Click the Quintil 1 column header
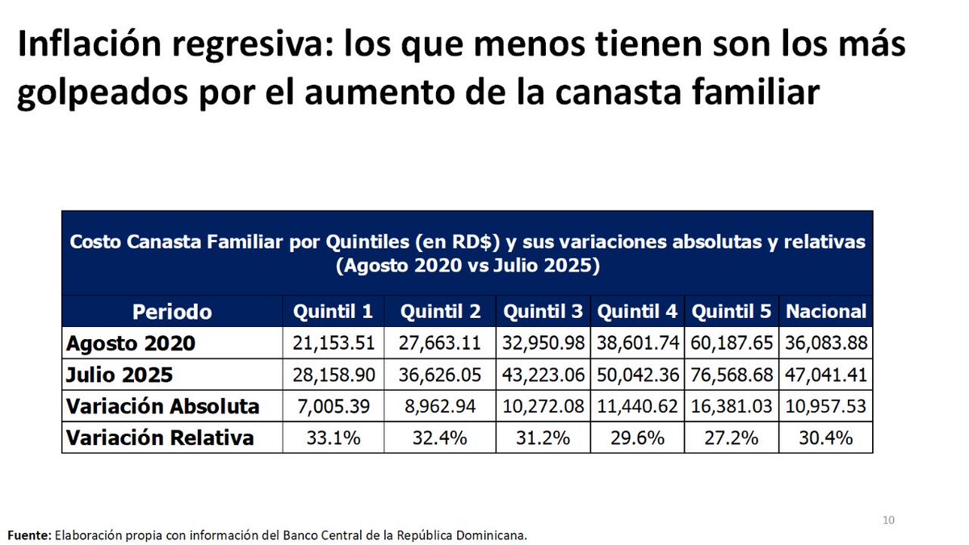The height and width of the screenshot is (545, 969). pyautogui.click(x=333, y=312)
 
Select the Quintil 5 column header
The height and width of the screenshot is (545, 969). pyautogui.click(x=732, y=312)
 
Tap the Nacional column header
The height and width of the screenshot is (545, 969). pyautogui.click(x=825, y=312)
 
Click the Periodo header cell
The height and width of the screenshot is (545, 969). pyautogui.click(x=172, y=312)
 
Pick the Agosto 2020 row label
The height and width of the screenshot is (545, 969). pyautogui.click(x=131, y=343)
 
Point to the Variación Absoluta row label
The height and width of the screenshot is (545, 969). pyautogui.click(x=162, y=406)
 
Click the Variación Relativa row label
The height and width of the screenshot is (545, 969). pyautogui.click(x=160, y=438)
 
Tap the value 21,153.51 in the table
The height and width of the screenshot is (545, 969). pyautogui.click(x=333, y=343)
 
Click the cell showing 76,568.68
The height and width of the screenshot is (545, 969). pyautogui.click(x=732, y=375)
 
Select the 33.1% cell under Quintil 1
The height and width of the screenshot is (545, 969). pyautogui.click(x=333, y=438)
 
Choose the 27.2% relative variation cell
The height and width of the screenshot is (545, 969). pyautogui.click(x=732, y=438)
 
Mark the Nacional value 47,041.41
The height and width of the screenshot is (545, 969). pyautogui.click(x=825, y=375)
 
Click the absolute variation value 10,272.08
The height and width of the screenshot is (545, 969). pyautogui.click(x=543, y=406)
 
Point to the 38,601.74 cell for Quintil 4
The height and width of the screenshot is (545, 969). pyautogui.click(x=637, y=343)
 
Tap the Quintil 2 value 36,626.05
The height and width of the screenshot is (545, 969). pyautogui.click(x=440, y=375)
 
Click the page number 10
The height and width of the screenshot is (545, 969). pyautogui.click(x=888, y=519)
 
